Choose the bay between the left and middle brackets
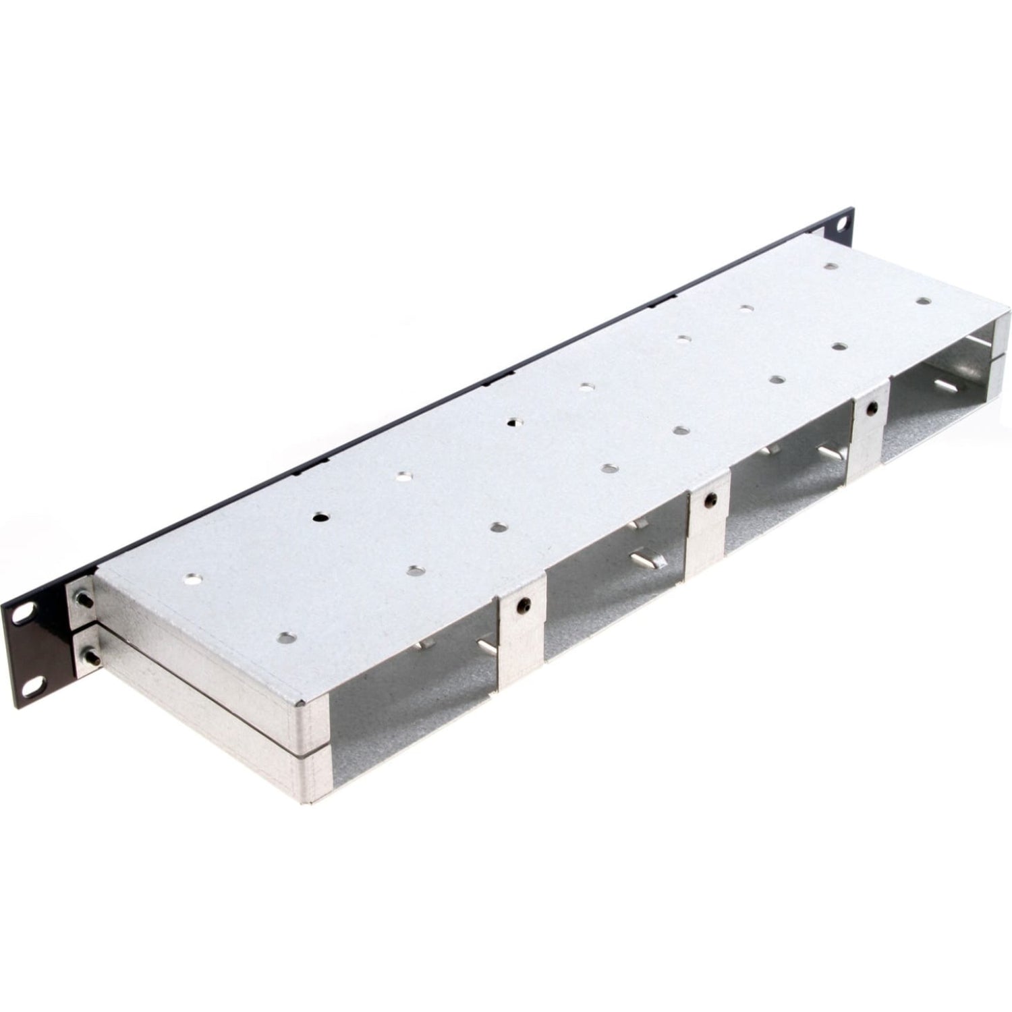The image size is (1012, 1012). [614, 573]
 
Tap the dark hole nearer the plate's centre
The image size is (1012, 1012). [514, 423]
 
